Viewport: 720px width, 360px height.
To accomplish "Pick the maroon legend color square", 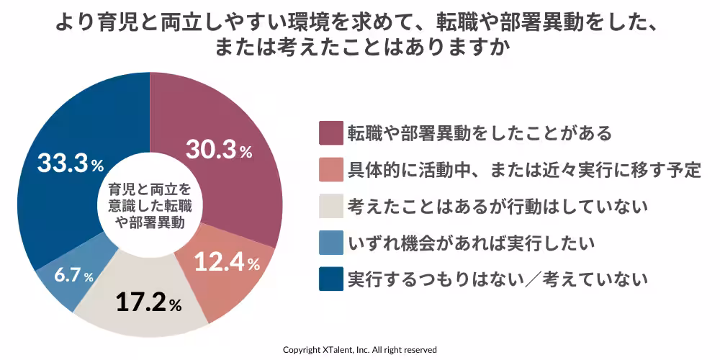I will [x=330, y=133].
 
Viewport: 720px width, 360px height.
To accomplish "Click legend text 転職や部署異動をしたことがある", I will [x=479, y=133].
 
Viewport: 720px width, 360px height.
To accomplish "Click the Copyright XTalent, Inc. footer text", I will [x=359, y=349].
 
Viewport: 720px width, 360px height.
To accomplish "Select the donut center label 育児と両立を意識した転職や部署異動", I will [x=150, y=206].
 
